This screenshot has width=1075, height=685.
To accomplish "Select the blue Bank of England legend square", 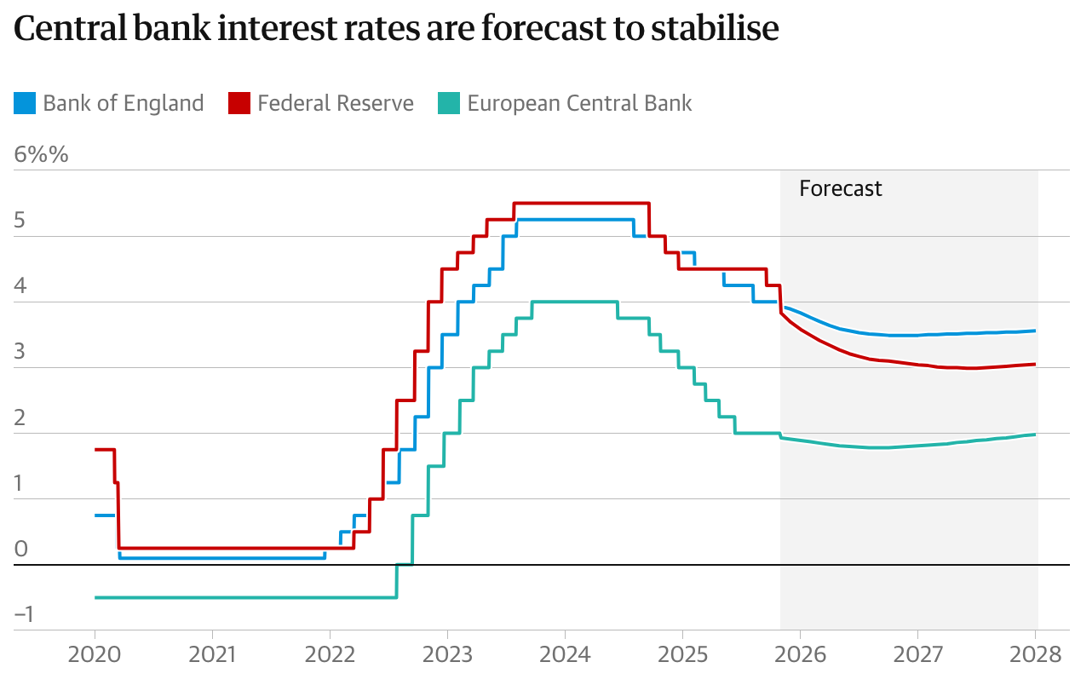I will coord(25,104).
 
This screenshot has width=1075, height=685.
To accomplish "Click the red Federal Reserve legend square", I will coord(239,104).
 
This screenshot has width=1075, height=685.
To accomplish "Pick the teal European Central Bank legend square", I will coord(449,104).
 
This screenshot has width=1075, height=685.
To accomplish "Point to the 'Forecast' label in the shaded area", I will coord(840,188).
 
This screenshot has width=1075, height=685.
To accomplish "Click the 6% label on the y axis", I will coord(40,156).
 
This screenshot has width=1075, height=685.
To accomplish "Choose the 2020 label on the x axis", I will coord(94,655).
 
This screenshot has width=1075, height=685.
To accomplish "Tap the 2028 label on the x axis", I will coord(1035,655).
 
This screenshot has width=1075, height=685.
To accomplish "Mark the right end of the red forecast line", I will coord(1035,365).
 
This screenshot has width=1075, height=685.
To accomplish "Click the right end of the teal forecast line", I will coord(1035,435).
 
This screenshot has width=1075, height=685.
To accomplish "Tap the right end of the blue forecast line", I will coord(1035,331).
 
